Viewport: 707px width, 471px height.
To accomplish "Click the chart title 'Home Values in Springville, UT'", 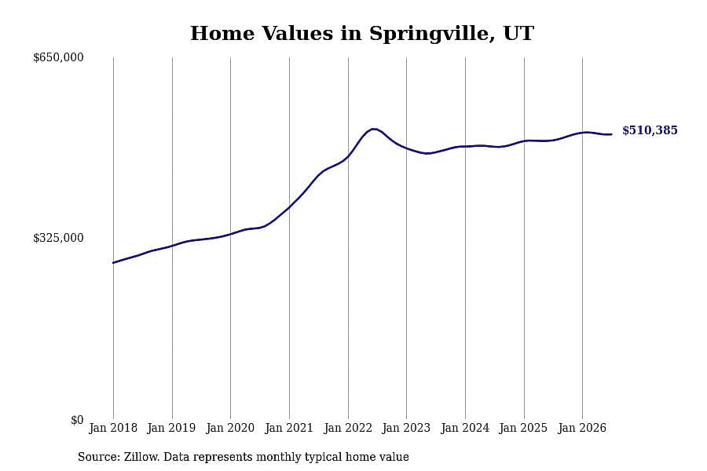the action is [362, 34].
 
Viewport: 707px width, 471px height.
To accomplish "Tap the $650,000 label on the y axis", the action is [58, 57].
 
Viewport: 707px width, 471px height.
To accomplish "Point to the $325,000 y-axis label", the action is [58, 238].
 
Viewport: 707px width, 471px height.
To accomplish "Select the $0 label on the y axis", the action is [77, 420].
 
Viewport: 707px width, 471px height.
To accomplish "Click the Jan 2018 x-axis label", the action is [113, 428].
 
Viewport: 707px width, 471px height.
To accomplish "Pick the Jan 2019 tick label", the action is [172, 428].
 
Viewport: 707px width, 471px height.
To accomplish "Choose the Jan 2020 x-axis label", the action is [230, 428].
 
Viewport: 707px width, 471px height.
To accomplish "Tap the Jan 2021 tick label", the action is [289, 428].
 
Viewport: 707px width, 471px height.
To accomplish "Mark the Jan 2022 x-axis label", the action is [348, 428].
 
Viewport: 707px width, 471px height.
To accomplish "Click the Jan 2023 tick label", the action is [406, 428].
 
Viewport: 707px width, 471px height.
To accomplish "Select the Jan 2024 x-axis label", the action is [465, 428].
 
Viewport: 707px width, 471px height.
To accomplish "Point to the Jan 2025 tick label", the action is [523, 428].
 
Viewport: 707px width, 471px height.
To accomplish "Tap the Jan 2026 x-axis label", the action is [582, 428].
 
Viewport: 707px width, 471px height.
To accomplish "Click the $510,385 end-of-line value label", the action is [650, 130].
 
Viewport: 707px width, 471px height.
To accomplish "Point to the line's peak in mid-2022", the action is [373, 129].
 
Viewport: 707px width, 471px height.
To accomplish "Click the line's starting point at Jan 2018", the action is [113, 263].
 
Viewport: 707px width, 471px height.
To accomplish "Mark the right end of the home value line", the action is [611, 134].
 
